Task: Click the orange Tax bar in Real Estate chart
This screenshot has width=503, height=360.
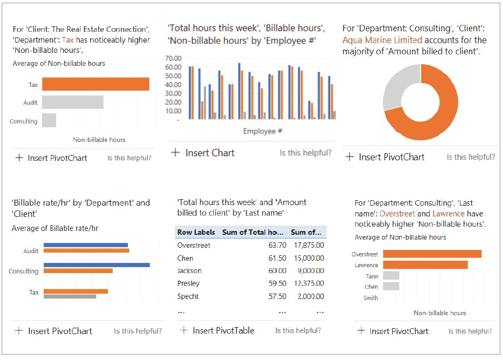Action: pyautogui.click(x=96, y=84)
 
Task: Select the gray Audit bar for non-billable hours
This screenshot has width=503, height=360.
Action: pyautogui.click(x=72, y=103)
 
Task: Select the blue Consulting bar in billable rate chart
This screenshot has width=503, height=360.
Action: pyautogui.click(x=97, y=265)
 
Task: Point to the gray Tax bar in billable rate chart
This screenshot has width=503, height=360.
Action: pyautogui.click(x=70, y=296)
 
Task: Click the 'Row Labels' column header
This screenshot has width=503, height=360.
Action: pyautogui.click(x=196, y=233)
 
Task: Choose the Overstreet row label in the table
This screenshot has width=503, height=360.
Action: pyautogui.click(x=194, y=246)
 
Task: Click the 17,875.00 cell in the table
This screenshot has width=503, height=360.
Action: pyautogui.click(x=308, y=246)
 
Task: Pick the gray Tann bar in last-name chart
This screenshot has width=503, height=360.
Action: pyautogui.click(x=391, y=276)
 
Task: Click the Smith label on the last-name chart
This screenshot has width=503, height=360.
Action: pyautogui.click(x=371, y=298)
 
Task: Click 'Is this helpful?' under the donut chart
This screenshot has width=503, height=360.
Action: pyautogui.click(x=471, y=157)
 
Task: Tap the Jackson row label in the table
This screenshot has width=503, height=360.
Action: pyautogui.click(x=189, y=271)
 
